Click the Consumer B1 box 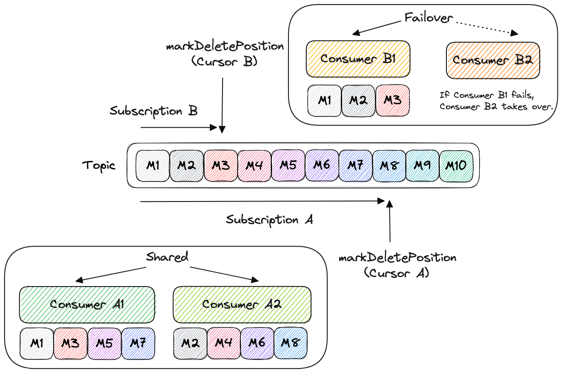[358, 59]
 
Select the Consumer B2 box [493, 60]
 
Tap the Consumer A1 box [86, 304]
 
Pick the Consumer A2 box [242, 304]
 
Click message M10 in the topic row [456, 166]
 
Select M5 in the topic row [288, 166]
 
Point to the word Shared [167, 257]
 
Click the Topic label [99, 165]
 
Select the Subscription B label [153, 111]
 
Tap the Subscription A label [269, 220]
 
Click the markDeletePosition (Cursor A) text [397, 265]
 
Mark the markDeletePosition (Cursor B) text [225, 54]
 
